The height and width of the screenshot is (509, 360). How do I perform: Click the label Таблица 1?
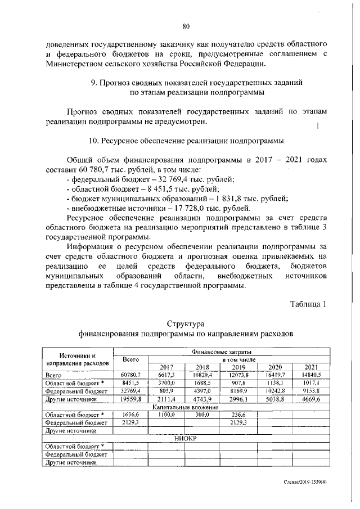coord(308,304)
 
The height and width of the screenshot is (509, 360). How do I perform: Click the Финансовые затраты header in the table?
coord(220,352)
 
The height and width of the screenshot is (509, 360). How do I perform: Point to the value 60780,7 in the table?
coord(133,375)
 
